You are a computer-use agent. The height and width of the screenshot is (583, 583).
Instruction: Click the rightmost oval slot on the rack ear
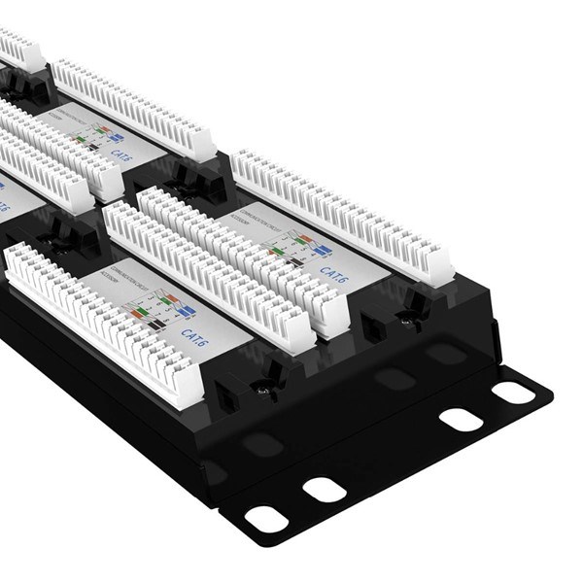click(513, 393)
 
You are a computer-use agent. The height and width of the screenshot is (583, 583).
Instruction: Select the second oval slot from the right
click(462, 420)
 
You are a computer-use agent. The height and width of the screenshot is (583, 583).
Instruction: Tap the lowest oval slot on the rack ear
click(265, 519)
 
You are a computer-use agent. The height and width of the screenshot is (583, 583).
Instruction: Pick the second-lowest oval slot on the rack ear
click(326, 489)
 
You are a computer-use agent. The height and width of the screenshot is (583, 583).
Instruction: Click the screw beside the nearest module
click(261, 390)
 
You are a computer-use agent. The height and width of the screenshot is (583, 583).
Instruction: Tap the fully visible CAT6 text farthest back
click(121, 154)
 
